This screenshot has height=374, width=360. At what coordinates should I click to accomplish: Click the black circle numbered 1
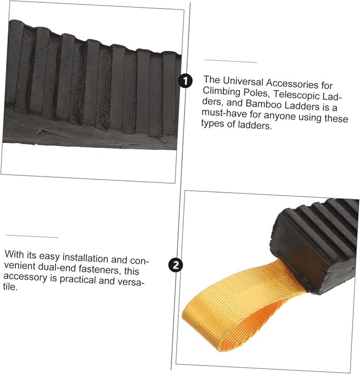point(185,81)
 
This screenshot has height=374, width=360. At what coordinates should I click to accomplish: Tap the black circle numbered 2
point(176,265)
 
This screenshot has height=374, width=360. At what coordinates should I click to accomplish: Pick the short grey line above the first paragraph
point(231,60)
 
